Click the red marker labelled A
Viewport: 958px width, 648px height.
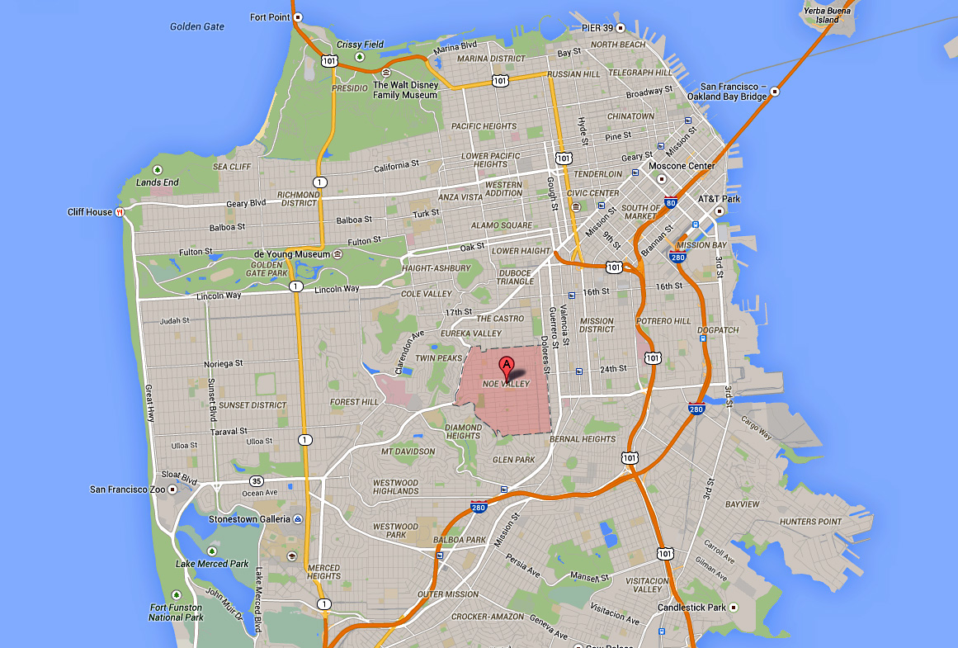click(506, 366)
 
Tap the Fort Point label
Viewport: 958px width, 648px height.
click(270, 17)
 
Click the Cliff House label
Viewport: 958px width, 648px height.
click(90, 212)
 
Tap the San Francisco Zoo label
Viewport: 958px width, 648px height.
click(128, 490)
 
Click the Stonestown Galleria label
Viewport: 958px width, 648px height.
click(249, 519)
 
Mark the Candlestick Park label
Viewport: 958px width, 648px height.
click(691, 608)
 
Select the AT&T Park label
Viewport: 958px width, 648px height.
click(719, 199)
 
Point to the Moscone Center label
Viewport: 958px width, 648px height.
click(681, 166)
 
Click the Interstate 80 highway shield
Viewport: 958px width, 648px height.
click(648, 202)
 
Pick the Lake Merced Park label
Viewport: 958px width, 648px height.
click(212, 564)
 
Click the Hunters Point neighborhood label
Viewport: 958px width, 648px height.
click(811, 522)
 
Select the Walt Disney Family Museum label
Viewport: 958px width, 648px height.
click(405, 89)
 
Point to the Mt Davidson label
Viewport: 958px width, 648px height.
click(408, 452)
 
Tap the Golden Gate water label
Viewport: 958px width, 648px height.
click(197, 26)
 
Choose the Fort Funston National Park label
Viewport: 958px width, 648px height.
click(177, 612)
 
